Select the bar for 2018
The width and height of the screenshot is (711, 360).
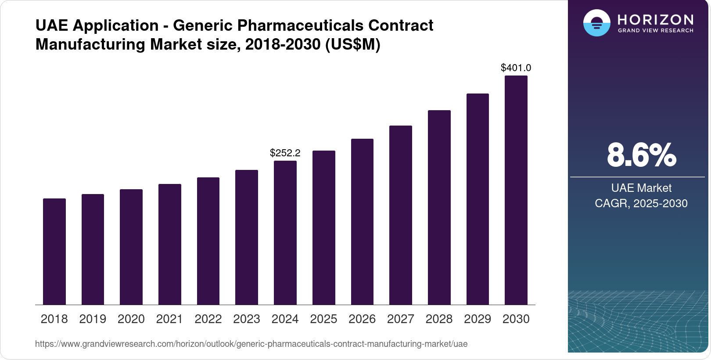coord(54,252)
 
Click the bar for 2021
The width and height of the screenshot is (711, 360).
coord(170,244)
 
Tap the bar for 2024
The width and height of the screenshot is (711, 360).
coord(285,233)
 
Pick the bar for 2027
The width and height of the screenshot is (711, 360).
coord(401,215)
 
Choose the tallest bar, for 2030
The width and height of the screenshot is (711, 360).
coord(516,190)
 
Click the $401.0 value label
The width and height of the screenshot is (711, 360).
coord(516,68)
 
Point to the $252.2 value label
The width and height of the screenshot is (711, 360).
coord(285,153)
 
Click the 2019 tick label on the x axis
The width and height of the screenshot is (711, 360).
coord(93,319)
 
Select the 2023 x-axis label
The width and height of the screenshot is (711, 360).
coord(247,319)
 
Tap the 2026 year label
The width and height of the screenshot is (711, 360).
coord(362,319)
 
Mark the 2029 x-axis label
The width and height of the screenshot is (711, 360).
coord(478,319)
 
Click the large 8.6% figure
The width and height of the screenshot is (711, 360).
coord(641,155)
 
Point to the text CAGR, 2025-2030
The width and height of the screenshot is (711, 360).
coord(641,203)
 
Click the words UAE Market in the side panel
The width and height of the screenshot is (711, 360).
coord(641,188)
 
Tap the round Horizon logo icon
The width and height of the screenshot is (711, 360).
coord(596,23)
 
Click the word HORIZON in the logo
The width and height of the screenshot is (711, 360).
coord(655,19)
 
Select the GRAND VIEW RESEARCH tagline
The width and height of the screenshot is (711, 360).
coord(655,31)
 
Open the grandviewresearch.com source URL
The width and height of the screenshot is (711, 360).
coord(251,344)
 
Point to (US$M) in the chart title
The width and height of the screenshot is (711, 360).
coord(352,44)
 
